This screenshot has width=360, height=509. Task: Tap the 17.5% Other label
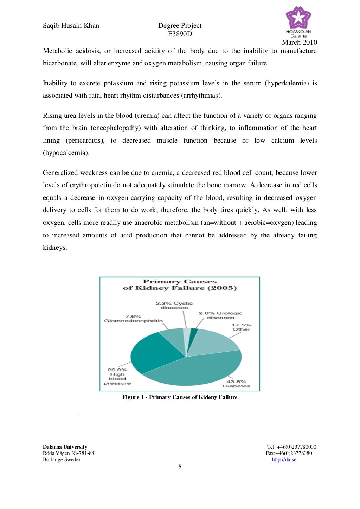(242, 327)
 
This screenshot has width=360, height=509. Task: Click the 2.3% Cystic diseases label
(174, 305)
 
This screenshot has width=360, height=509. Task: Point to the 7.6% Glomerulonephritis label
(133, 319)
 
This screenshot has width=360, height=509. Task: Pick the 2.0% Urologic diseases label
(220, 315)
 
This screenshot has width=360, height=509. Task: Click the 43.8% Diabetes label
(236, 384)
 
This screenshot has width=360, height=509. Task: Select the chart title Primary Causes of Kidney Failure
(180, 285)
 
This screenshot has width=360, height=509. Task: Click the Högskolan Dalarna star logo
(298, 19)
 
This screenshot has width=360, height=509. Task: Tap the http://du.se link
(284, 459)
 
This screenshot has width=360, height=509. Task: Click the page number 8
(180, 466)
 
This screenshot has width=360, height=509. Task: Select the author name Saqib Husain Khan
(71, 25)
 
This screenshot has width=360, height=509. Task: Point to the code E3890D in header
(180, 34)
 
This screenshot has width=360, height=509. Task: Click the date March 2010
(300, 43)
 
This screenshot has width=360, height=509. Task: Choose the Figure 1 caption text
(180, 397)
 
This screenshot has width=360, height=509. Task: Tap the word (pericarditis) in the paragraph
(85, 141)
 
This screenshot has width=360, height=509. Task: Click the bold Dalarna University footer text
(65, 447)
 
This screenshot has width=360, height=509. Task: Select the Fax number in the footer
(289, 453)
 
